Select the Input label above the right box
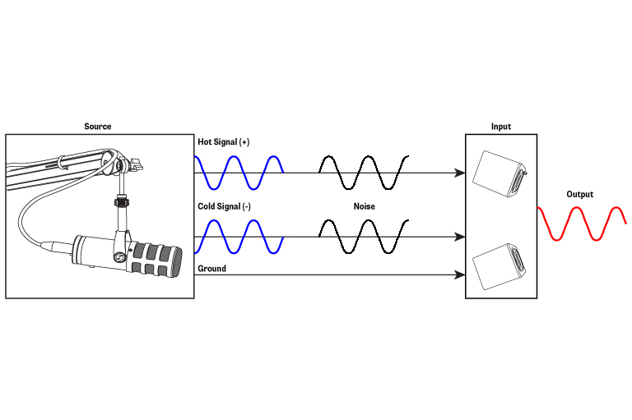[500, 127]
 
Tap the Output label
[579, 195]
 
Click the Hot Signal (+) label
[223, 142]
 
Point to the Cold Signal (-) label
[224, 206]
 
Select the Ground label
[211, 269]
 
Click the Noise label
[364, 206]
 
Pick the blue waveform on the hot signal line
[239, 173]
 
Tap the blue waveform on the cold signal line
[239, 237]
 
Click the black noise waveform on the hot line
[363, 173]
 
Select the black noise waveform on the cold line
[363, 237]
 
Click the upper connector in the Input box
[500, 173]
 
